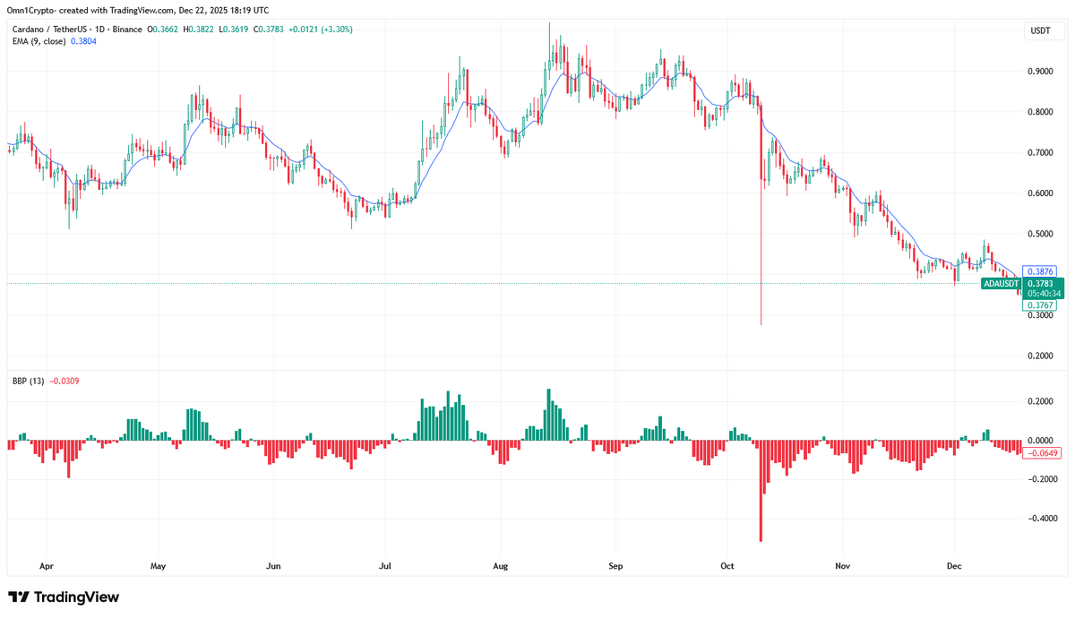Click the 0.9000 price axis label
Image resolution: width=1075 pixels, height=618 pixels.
(1039, 71)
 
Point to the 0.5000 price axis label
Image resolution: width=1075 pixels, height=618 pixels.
(1039, 234)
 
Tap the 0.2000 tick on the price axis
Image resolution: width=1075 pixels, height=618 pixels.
(1039, 356)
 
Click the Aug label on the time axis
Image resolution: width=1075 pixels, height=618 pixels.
(500, 566)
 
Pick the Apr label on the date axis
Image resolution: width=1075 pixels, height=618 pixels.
(47, 566)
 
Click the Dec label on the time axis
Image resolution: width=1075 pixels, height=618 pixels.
(954, 566)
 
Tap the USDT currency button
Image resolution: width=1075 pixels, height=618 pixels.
(1040, 30)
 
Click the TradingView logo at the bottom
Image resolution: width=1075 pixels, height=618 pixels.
(64, 597)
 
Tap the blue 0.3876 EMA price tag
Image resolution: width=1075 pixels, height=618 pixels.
(1039, 270)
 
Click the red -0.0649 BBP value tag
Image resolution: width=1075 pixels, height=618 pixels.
(1043, 453)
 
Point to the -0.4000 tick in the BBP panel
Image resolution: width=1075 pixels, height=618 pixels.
(1041, 519)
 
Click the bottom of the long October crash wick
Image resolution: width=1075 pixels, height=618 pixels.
(761, 323)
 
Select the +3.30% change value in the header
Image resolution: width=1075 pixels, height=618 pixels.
(339, 30)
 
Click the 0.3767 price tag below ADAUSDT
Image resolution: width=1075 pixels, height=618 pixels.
(1039, 305)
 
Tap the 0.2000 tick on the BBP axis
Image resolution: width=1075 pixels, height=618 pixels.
(1039, 401)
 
